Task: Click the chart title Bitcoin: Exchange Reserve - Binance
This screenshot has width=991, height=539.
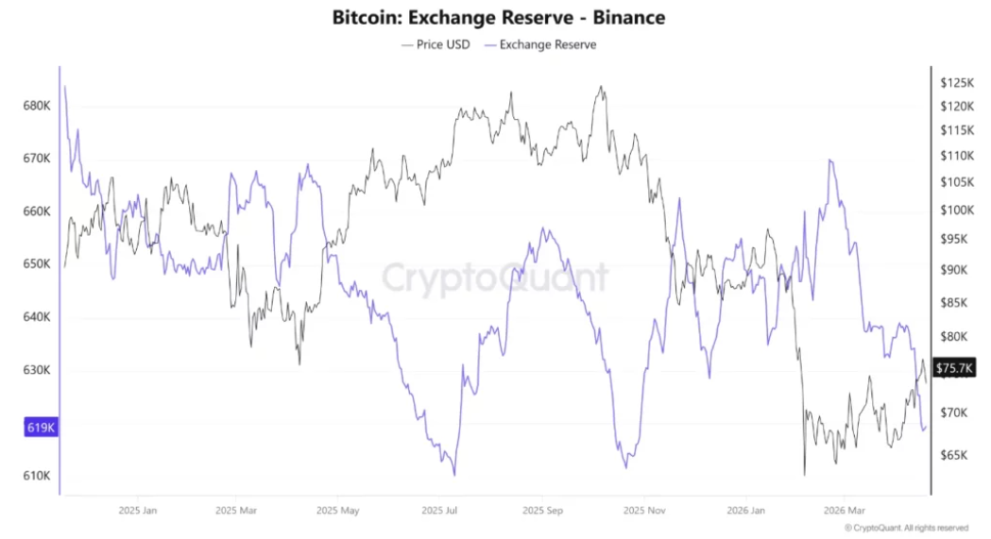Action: [x=499, y=17]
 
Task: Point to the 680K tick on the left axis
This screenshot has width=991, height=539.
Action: [x=36, y=106]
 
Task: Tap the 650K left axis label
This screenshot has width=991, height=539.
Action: [x=36, y=264]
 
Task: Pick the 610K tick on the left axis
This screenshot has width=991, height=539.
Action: [x=36, y=476]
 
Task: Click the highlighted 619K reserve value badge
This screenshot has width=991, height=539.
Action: [x=40, y=428]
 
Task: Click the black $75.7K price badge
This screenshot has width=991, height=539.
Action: [x=955, y=367]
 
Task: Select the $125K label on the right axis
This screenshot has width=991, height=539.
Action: [x=956, y=83]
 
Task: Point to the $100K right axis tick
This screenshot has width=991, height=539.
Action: [x=956, y=210]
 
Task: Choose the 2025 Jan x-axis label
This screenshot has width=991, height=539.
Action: [x=137, y=511]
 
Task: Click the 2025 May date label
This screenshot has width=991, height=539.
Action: [x=340, y=511]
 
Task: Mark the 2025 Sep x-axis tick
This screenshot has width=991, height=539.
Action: [x=542, y=511]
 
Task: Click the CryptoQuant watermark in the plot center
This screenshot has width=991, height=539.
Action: [x=495, y=278]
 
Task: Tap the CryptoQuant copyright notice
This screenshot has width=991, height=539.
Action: [x=906, y=529]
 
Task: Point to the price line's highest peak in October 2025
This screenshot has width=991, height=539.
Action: [x=601, y=87]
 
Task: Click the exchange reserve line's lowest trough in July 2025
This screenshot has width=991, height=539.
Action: [x=454, y=475]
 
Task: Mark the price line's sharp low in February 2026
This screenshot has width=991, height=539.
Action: [x=804, y=474]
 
